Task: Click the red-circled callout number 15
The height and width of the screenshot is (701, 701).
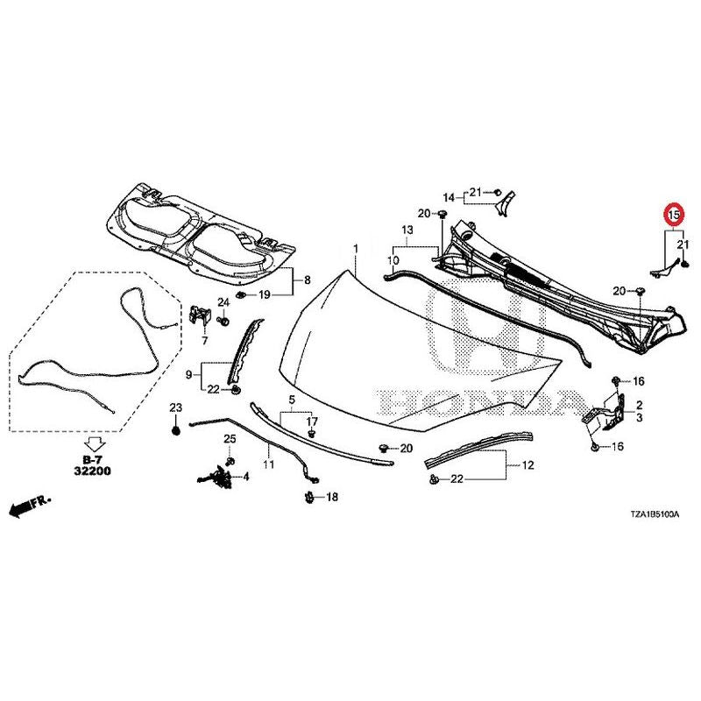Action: pos(674,215)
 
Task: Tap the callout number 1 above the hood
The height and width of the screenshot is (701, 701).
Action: pos(356,249)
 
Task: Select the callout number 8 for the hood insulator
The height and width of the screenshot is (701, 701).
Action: pos(308,280)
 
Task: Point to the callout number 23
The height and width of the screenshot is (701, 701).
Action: pos(176,407)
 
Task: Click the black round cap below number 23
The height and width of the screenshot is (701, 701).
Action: pos(176,431)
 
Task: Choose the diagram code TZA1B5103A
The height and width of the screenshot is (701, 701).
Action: pos(655,514)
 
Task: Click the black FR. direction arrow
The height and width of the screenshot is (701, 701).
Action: pos(30,506)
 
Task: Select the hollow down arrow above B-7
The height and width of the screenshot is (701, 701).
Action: pos(95,444)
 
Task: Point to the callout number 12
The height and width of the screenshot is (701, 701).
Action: pos(528,465)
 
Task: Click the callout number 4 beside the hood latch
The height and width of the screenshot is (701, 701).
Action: pos(246,477)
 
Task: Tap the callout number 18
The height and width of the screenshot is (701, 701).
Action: pos(332,497)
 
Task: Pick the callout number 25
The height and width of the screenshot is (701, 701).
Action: pos(230,439)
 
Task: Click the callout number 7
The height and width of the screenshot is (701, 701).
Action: pos(205,341)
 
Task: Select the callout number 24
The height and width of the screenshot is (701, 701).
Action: pos(223,302)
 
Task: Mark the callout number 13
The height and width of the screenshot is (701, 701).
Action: pos(407,230)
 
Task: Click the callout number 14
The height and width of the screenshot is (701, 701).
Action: pos(449,197)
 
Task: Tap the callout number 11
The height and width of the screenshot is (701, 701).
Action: pos(268,464)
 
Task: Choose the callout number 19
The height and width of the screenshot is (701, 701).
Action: pos(265,295)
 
